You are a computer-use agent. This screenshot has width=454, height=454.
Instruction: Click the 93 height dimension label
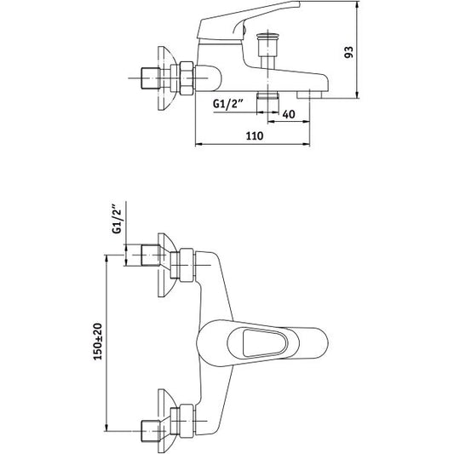point(349,52)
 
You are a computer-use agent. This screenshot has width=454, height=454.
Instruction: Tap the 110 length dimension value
point(255,135)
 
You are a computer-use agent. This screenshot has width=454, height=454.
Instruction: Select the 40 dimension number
point(289,114)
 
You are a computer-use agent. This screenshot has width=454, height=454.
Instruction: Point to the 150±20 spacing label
point(98,342)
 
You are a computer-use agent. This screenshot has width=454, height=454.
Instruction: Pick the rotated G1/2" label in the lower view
point(117,219)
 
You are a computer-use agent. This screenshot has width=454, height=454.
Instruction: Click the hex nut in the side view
point(187,78)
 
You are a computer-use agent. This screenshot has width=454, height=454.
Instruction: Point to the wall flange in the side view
point(166,78)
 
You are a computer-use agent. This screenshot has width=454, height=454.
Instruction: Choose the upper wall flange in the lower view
point(166,265)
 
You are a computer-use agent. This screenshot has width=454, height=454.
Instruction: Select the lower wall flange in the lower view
point(166,421)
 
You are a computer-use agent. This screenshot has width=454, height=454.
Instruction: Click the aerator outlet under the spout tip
point(310,95)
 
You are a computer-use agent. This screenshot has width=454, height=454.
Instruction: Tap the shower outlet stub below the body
point(267,95)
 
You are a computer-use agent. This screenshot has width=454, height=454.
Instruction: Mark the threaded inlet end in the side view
point(150,78)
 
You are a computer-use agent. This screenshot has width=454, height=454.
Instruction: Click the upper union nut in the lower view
point(187,265)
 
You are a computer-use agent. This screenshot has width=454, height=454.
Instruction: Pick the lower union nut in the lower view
point(187,421)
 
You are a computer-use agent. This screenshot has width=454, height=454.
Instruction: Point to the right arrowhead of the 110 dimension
point(307,144)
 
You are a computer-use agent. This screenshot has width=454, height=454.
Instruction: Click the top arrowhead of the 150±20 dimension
point(106,259)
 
